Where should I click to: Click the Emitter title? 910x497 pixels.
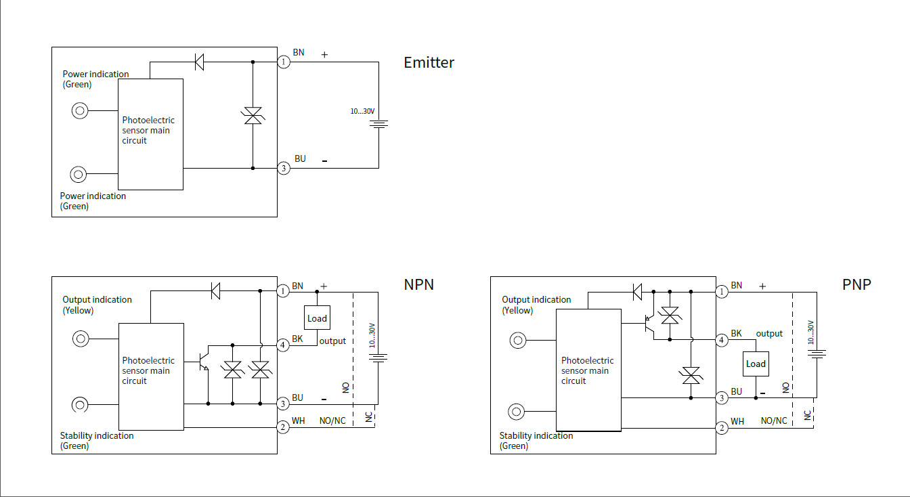click(x=429, y=62)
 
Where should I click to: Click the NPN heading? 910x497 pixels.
click(x=418, y=284)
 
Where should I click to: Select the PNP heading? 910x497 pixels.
click(x=857, y=284)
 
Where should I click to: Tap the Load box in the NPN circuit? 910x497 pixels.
click(x=317, y=318)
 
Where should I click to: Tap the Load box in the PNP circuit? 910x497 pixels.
click(x=756, y=364)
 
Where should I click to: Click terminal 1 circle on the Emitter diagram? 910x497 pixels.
click(x=284, y=62)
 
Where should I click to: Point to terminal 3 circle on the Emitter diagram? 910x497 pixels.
click(x=284, y=168)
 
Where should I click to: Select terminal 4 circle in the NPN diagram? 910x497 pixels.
click(x=284, y=345)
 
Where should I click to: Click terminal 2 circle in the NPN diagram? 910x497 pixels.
click(x=284, y=427)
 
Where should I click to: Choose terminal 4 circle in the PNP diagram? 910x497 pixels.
click(x=722, y=340)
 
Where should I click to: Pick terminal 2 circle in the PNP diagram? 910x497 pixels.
click(x=722, y=428)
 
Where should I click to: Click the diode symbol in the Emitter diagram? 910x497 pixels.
click(x=199, y=62)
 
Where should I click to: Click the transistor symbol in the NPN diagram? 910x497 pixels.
click(x=204, y=362)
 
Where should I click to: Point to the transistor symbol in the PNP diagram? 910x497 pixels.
click(x=647, y=325)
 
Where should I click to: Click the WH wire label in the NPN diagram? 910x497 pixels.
click(x=298, y=420)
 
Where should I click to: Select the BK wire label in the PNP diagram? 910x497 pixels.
click(x=737, y=333)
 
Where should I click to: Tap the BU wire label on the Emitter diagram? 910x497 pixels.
click(x=300, y=158)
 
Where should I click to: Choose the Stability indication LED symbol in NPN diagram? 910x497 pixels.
click(x=80, y=405)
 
